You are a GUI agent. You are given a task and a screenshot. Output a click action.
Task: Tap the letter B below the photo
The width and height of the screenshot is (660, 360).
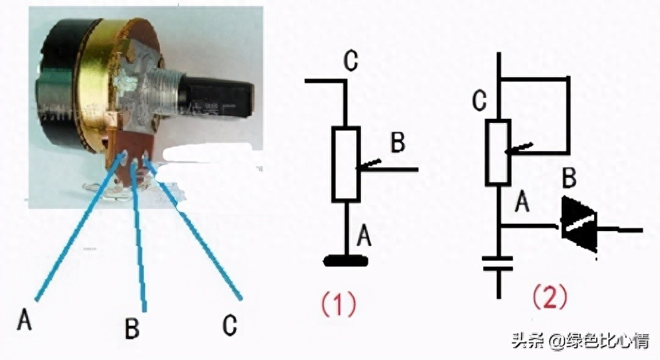132,328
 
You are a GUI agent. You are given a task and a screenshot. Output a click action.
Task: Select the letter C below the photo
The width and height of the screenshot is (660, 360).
230,325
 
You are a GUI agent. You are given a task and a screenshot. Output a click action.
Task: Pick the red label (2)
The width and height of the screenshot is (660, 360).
550,296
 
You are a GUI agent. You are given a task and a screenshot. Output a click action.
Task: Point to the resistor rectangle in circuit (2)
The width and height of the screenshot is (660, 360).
498,151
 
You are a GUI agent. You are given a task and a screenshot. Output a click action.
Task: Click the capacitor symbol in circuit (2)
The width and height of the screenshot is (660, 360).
498,263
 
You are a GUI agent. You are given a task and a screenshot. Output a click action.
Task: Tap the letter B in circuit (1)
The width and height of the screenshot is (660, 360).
398,142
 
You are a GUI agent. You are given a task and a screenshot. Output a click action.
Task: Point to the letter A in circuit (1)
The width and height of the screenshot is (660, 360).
364,234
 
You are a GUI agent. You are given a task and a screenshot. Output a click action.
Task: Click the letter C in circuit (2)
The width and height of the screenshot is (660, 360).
479,101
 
